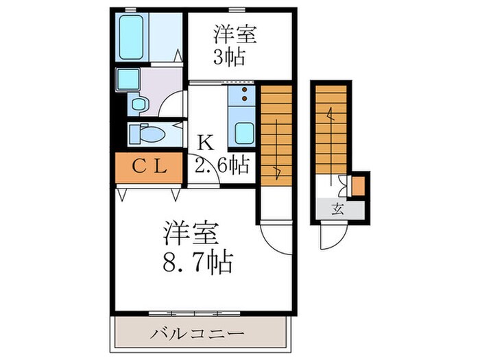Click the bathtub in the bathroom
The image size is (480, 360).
point(131,38)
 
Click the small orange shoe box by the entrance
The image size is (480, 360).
point(359,186)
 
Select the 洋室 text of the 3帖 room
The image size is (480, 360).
point(229,33)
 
